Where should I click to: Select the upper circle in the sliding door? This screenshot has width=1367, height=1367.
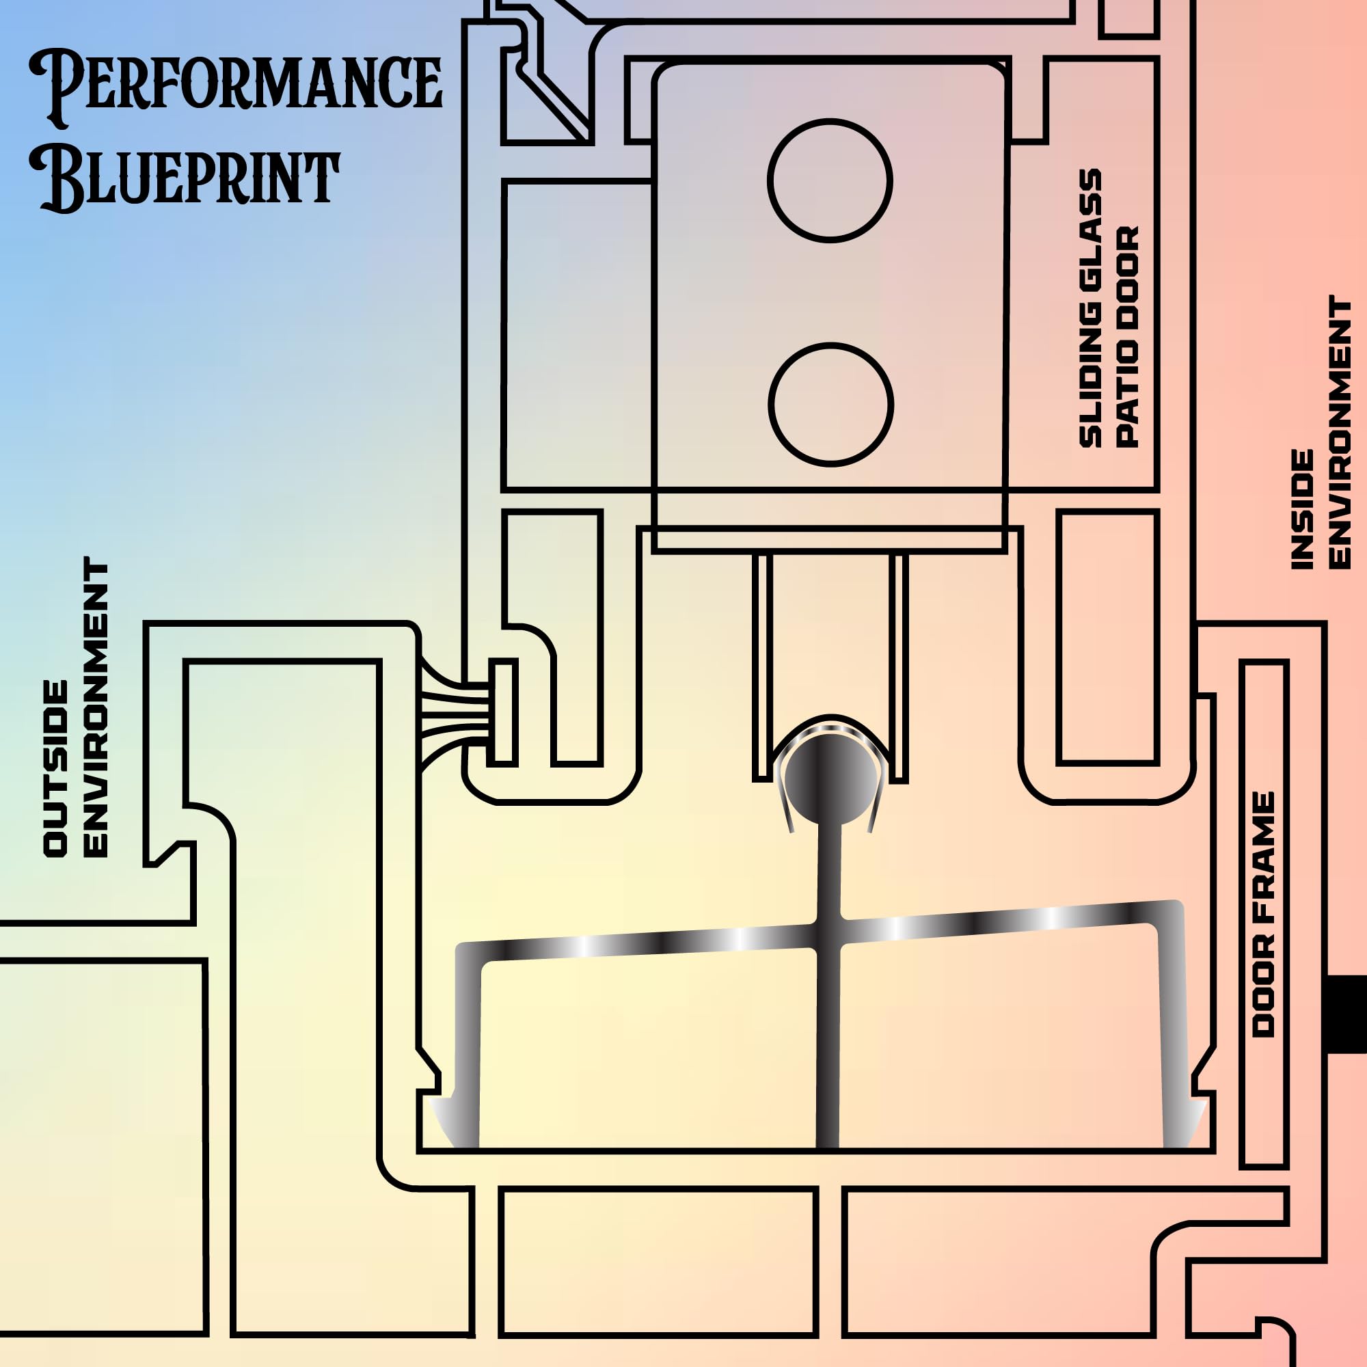pyautogui.click(x=829, y=180)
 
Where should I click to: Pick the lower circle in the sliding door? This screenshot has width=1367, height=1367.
pyautogui.click(x=830, y=404)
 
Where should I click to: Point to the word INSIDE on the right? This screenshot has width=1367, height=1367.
pyautogui.click(x=1302, y=509)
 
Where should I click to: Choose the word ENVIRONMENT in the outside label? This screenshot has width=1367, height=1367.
pyautogui.click(x=96, y=707)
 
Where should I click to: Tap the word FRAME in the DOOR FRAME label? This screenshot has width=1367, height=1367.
pyautogui.click(x=1263, y=849)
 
